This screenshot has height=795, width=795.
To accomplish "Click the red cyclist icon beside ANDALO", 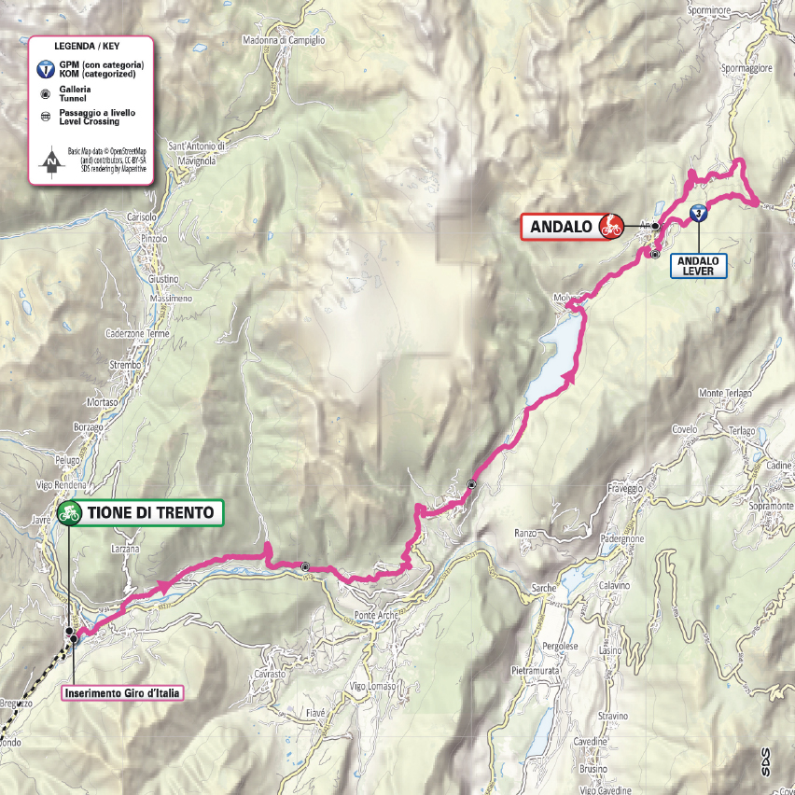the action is coord(611,226).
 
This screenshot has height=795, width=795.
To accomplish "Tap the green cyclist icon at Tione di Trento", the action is coord(69,512).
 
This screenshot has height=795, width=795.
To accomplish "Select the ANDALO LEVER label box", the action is coord(699,266).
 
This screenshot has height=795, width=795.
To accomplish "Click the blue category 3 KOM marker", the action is coord(698,214).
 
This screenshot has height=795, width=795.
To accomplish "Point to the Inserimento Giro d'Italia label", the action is coord(120,692).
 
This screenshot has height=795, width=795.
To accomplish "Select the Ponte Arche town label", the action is coord(376,615).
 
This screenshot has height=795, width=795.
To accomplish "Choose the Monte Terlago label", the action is coord(725,393).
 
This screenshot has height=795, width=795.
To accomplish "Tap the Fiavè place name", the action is coord(315,713).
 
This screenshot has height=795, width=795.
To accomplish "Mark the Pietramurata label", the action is coord(536,670).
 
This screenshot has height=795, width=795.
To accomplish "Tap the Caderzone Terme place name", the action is coord(138,334).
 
